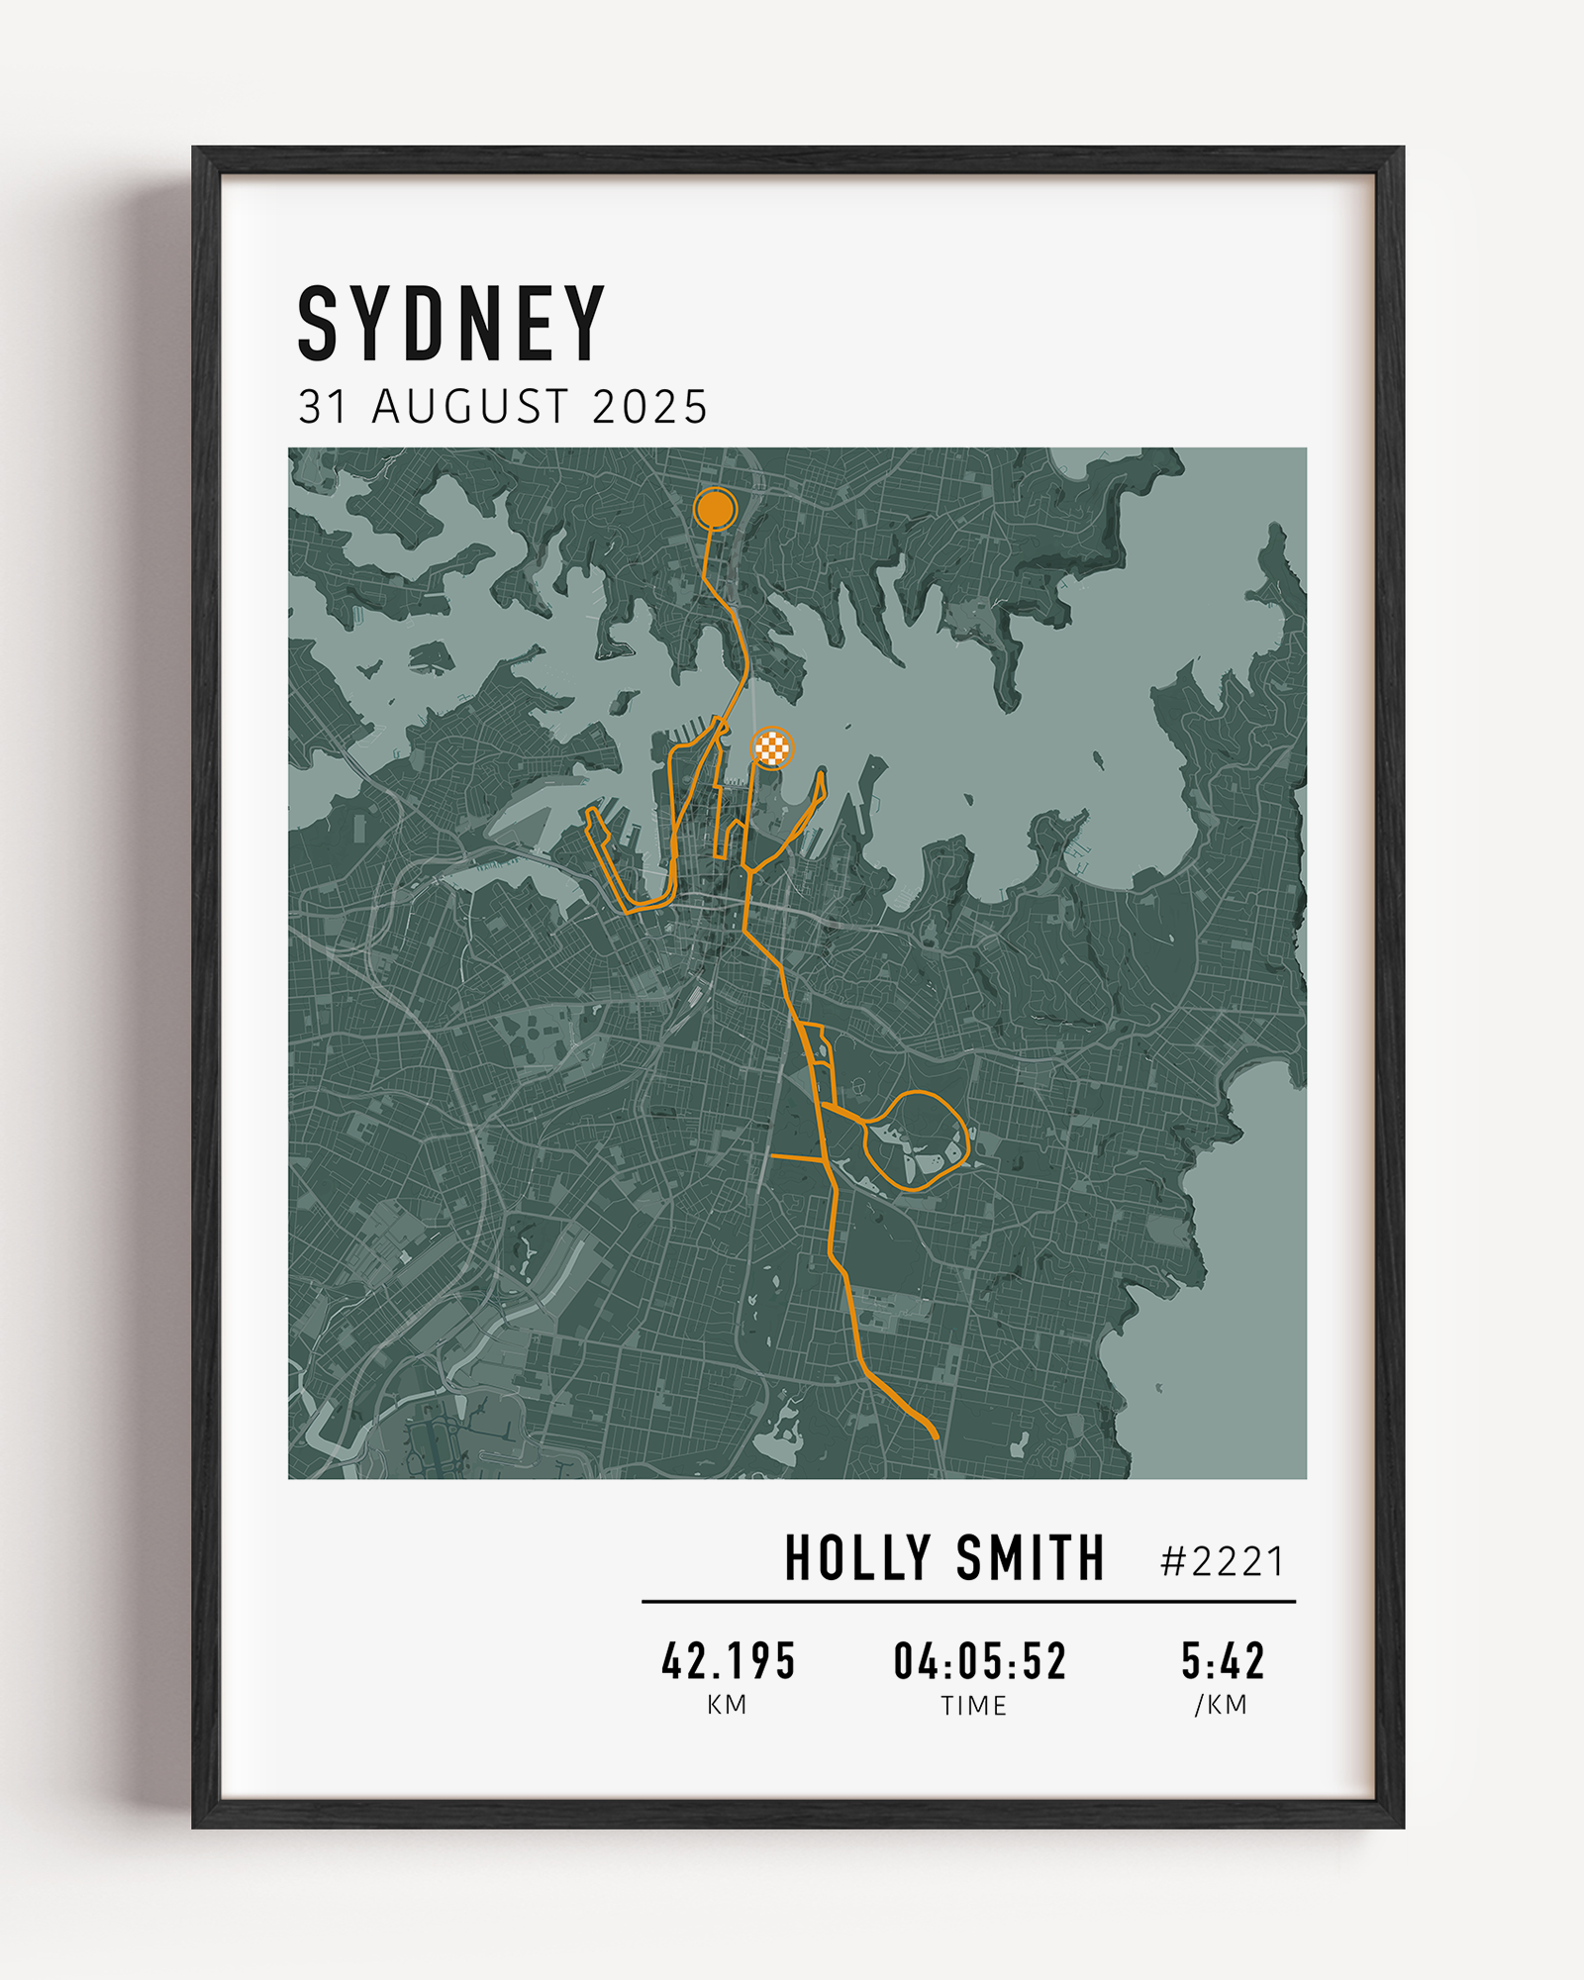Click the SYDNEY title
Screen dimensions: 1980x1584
pos(451,324)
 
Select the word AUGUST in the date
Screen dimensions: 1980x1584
pos(470,407)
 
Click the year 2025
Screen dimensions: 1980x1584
pos(649,407)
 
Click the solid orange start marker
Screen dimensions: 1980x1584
pos(715,510)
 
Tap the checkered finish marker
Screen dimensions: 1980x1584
pos(772,747)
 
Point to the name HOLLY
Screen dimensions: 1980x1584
pos(857,1558)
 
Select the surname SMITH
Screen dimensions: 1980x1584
pos(1030,1558)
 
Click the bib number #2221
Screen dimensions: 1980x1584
pos(1223,1562)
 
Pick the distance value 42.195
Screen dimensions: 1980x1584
pos(729,1661)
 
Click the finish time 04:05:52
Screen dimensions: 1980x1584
pos(979,1661)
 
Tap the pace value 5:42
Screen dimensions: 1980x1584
pos(1223,1661)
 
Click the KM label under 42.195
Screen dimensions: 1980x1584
pos(727,1705)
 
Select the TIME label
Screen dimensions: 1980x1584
pos(974,1706)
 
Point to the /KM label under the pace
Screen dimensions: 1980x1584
pos(1221,1705)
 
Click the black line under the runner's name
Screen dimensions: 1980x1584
pos(968,1601)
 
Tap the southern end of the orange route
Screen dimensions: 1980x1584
pos(934,1435)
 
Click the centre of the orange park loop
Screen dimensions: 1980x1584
pos(917,1139)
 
